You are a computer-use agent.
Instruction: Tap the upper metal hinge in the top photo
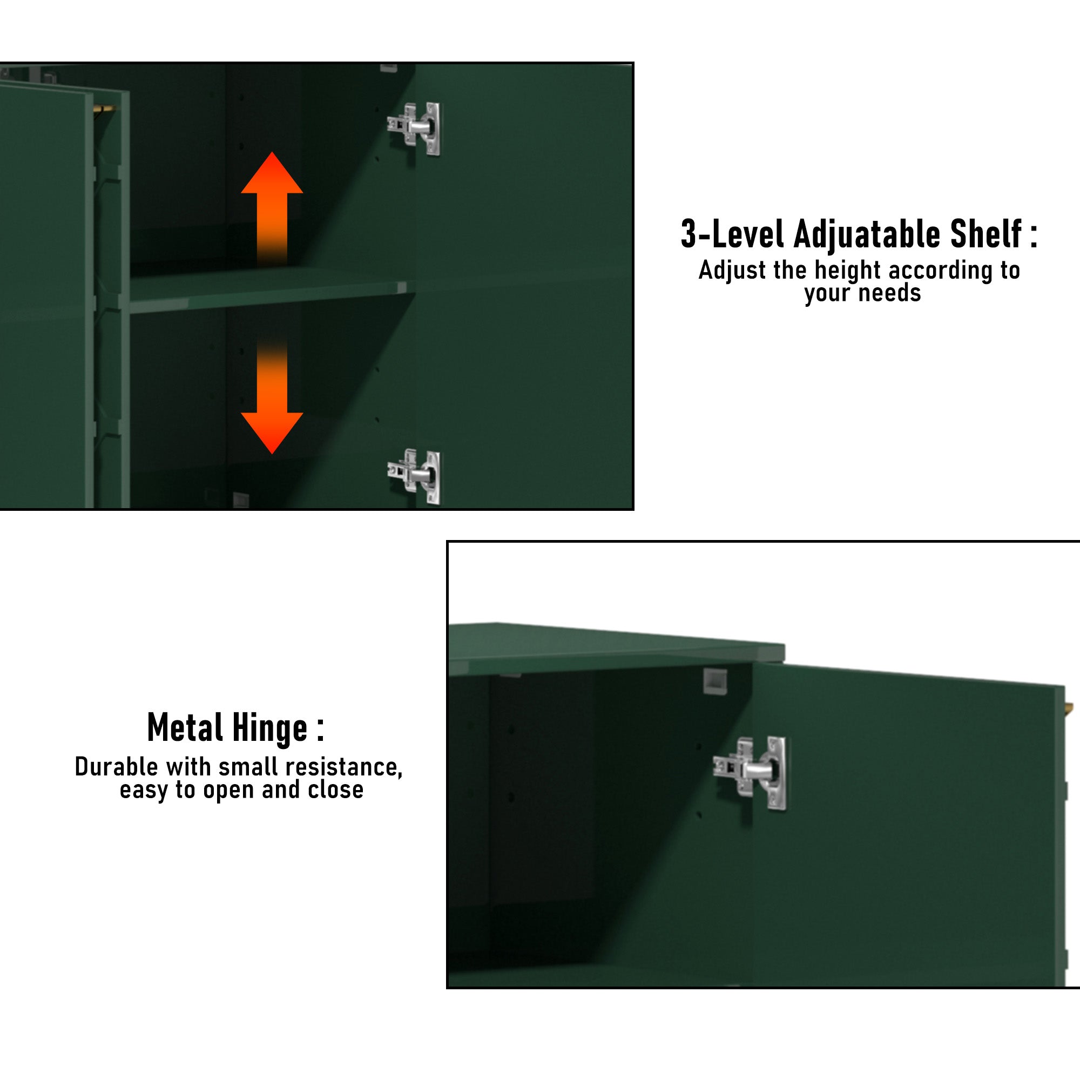414,128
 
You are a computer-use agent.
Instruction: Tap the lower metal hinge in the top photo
414,476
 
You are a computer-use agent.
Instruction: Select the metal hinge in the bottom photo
750,773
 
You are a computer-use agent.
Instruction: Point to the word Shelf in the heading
986,234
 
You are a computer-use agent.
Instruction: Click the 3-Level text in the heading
732,234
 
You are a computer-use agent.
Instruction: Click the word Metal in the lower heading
185,728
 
